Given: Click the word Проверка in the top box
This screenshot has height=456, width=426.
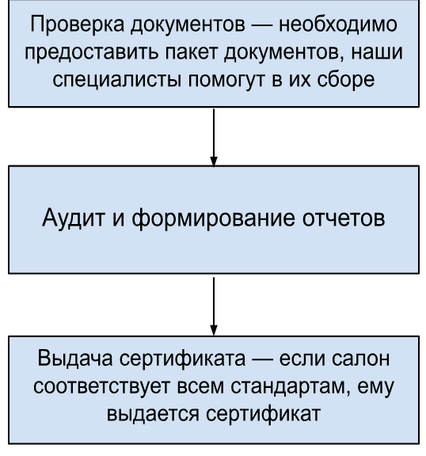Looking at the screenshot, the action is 77,25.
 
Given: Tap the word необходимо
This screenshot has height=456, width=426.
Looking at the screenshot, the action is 338,24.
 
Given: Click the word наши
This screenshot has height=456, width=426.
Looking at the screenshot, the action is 377,52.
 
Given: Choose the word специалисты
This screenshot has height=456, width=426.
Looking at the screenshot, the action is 117,80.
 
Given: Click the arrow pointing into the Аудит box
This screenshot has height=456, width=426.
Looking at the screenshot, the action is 214,137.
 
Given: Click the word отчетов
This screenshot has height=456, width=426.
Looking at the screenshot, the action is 344,218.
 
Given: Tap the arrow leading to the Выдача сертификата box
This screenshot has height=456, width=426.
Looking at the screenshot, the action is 214,306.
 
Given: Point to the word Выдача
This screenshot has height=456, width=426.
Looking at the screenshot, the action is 75,359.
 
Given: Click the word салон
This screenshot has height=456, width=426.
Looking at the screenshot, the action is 360,359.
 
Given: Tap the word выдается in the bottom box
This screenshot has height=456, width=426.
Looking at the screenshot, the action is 153,414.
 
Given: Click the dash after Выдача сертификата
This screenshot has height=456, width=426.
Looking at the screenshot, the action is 262,359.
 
